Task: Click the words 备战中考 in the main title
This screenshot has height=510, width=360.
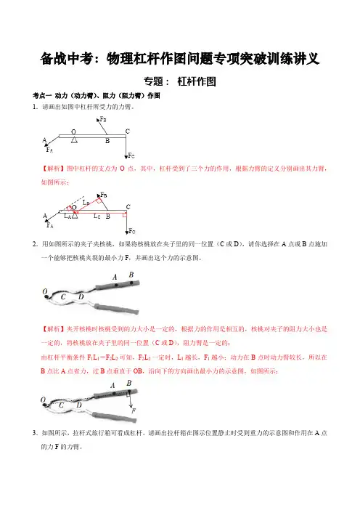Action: pyautogui.click(x=67, y=59)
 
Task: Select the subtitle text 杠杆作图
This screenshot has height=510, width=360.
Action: pyautogui.click(x=197, y=81)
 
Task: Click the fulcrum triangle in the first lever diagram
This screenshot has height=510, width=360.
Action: pyautogui.click(x=75, y=139)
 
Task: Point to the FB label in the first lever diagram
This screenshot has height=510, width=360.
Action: pyautogui.click(x=103, y=119)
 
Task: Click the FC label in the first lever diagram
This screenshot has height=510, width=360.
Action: pyautogui.click(x=131, y=155)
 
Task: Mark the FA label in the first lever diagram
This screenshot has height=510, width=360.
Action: pyautogui.click(x=49, y=150)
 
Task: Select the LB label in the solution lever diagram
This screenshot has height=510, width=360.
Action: pyautogui.click(x=86, y=202)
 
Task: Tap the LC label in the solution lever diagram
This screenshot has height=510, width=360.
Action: pyautogui.click(x=97, y=216)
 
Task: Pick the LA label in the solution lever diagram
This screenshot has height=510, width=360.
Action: pyautogui.click(x=67, y=216)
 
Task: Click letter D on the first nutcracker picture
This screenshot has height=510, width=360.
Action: pyautogui.click(x=81, y=296)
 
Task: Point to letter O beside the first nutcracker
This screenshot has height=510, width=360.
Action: pyautogui.click(x=45, y=291)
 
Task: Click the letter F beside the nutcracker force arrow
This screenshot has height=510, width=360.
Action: pyautogui.click(x=134, y=410)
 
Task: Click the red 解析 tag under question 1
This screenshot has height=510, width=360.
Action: pyautogui.click(x=53, y=169)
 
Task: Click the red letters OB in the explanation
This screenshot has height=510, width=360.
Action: pyautogui.click(x=138, y=371)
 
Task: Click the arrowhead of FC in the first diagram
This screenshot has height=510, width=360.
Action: pyautogui.click(x=126, y=158)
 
